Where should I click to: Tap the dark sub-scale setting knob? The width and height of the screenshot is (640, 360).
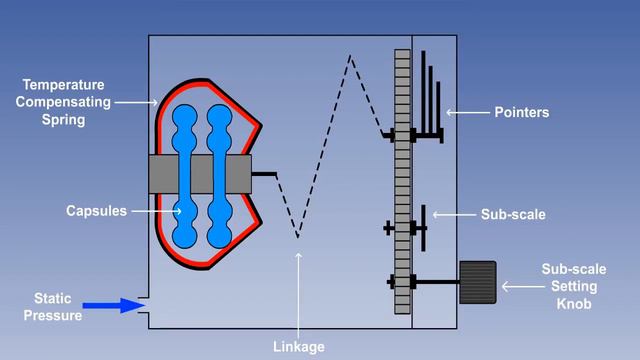coord(478,282)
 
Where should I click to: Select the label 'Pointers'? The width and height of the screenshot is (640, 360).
coord(522,113)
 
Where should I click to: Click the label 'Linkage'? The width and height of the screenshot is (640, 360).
coord(299,347)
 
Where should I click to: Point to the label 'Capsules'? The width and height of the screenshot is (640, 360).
coord(96,211)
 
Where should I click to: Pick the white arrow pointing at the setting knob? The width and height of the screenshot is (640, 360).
coord(519,286)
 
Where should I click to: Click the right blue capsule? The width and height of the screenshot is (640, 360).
coord(219,175)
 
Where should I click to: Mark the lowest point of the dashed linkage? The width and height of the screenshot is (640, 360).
coord(298,238)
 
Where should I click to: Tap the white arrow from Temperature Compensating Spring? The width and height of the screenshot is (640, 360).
coord(135,102)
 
